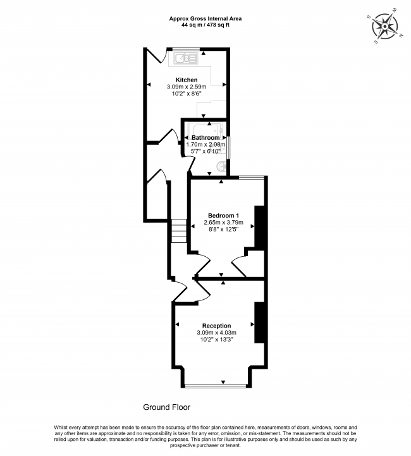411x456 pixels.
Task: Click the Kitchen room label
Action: [x=187, y=79]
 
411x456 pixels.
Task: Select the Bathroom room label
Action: [x=205, y=137]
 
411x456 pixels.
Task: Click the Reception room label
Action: [x=216, y=325]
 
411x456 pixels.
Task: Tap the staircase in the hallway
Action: [x=179, y=231]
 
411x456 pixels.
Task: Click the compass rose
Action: [x=384, y=27]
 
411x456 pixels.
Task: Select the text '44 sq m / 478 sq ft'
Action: [x=205, y=26]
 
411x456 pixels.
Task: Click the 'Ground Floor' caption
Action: [x=166, y=407]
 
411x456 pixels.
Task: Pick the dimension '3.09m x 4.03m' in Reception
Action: [x=216, y=333]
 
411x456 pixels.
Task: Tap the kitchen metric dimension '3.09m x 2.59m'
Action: [x=187, y=87]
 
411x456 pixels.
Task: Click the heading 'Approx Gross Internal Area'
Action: [x=205, y=18]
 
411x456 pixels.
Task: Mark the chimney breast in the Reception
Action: [x=259, y=323]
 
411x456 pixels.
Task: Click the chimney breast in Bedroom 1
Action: [x=259, y=226]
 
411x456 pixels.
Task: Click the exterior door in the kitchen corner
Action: [x=155, y=59]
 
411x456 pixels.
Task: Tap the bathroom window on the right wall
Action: [x=230, y=147]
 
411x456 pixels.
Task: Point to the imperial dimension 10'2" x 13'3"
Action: [x=216, y=340]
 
